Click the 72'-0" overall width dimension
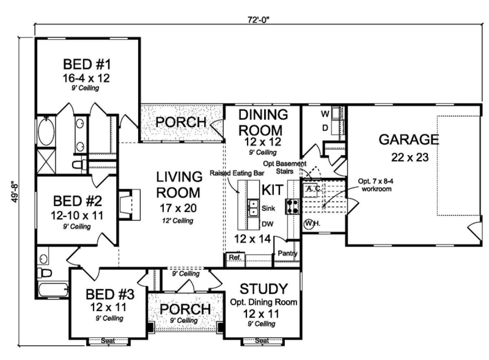point(258,20)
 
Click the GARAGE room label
point(409,140)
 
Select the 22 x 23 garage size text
point(410,158)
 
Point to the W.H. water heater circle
point(309,224)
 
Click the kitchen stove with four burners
point(293,206)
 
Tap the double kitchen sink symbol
point(253,208)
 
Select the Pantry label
point(288,254)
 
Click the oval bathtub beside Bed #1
point(46,131)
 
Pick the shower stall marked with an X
point(46,161)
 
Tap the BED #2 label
point(77,201)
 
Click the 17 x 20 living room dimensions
point(178,208)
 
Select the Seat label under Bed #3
point(108,340)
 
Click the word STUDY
point(264,289)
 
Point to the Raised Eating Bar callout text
point(237,173)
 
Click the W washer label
point(325,114)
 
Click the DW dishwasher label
point(267,224)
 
